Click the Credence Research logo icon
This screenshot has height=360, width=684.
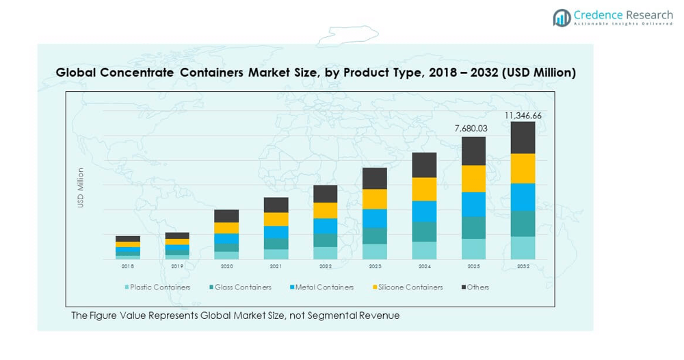pos(562,18)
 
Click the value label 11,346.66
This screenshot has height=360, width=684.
pos(523,116)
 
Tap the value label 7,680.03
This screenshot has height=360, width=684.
pos(473,128)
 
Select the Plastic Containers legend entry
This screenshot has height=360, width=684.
pos(157,287)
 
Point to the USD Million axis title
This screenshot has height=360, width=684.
pos(81,188)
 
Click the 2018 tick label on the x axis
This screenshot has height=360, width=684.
pos(128,266)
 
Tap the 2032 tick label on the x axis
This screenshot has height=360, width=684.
pos(523,266)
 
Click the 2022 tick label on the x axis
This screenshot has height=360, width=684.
pos(326,266)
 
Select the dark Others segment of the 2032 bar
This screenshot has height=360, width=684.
pos(523,138)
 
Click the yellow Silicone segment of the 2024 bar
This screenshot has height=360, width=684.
pos(424,189)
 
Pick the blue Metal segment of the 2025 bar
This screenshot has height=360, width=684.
pos(473,204)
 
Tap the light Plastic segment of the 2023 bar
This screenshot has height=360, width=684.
pos(375,251)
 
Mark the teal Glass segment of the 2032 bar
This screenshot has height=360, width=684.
pos(523,223)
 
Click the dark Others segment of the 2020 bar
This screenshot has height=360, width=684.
pos(226,216)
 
